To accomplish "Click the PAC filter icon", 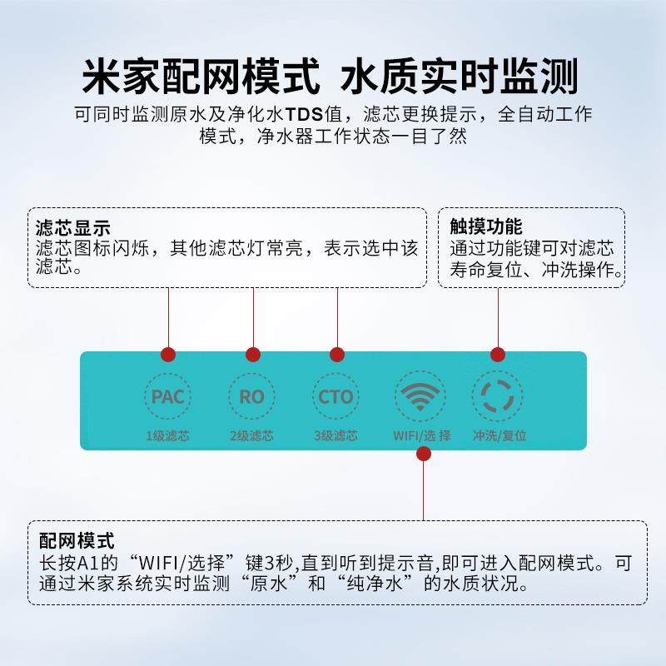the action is point(167,396).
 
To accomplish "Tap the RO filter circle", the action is point(251,396).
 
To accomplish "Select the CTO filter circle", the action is point(335,396).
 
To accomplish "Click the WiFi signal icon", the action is point(421,395).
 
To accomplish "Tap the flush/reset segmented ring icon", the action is point(498,396).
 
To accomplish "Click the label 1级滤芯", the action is point(167,435).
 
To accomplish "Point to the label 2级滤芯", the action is point(251,435).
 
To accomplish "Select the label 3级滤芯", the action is point(335,435).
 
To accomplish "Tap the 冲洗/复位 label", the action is point(499,435).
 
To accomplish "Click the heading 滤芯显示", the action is point(73,227).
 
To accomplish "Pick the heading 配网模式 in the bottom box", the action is point(77,542).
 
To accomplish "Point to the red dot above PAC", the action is point(168,355).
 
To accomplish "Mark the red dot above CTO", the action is point(336,355).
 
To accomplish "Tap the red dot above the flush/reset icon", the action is point(498,355).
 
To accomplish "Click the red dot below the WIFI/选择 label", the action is point(424,454).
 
